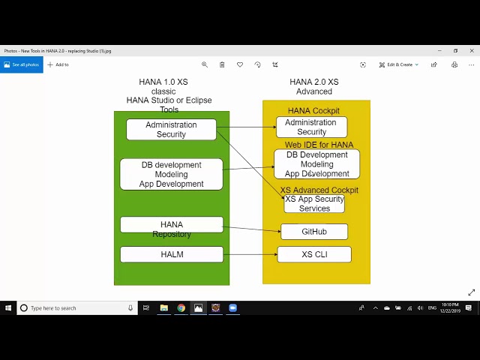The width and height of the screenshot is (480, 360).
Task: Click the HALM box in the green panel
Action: [x=172, y=254]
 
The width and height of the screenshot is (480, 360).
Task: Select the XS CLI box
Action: [x=314, y=254]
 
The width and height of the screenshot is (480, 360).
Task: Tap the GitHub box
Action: [x=314, y=232]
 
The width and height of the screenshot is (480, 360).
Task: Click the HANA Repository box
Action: [x=172, y=224]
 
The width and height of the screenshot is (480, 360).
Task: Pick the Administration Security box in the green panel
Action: [x=171, y=130]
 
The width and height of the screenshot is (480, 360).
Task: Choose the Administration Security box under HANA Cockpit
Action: [x=310, y=127]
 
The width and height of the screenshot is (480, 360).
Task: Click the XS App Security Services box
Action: [x=314, y=204]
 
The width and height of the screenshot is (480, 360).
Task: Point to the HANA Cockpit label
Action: [x=313, y=111]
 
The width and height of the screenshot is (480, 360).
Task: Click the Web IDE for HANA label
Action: [x=319, y=145]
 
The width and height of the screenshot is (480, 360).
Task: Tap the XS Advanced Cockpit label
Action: [x=319, y=190]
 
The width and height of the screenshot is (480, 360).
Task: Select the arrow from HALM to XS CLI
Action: [x=250, y=254]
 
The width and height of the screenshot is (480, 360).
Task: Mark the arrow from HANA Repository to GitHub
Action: [x=251, y=229]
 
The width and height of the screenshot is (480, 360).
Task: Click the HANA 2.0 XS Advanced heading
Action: [x=313, y=87]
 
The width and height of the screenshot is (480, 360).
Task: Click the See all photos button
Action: [x=21, y=64]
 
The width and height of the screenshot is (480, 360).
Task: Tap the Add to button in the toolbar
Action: [x=58, y=64]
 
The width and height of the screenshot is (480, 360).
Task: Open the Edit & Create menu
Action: [x=399, y=64]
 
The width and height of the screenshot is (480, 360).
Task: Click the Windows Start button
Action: [x=8, y=307]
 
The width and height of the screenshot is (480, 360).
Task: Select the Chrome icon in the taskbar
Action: [x=181, y=307]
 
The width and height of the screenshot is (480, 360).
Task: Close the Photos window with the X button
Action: [x=472, y=51]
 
